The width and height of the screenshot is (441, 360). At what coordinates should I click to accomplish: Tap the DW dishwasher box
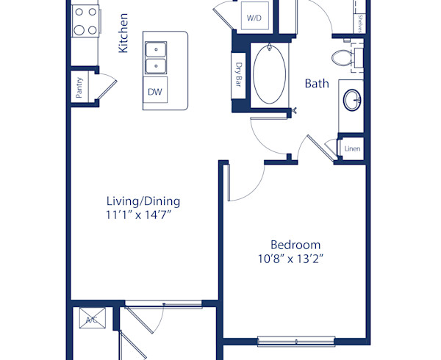point(155,92)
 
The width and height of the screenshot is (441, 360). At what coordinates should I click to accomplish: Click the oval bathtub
point(271,74)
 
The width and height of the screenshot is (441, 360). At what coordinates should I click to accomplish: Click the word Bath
point(317,84)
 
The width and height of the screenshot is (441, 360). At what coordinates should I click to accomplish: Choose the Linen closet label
point(352,148)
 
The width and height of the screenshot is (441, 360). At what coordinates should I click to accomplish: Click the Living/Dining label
point(143,201)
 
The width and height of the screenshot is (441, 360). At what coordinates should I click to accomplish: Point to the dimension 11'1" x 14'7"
point(143,215)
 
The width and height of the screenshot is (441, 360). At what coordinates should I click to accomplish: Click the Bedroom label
point(295,245)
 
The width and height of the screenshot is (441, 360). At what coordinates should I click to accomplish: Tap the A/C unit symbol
point(93,320)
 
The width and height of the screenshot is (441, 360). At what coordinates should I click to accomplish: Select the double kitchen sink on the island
point(155,58)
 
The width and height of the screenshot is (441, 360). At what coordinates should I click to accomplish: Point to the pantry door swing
point(107,86)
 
